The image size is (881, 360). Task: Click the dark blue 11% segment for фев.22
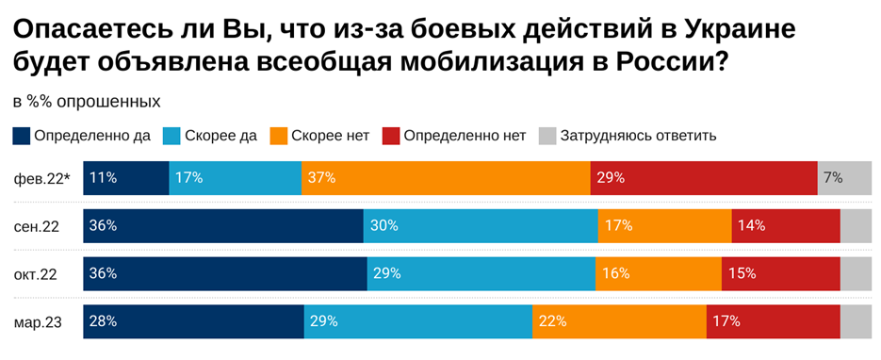[126, 177]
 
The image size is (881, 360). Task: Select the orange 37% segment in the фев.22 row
[446, 177]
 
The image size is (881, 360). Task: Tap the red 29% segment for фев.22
[703, 177]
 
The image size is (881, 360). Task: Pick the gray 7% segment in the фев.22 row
[844, 177]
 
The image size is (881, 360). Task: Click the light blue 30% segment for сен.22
[481, 225]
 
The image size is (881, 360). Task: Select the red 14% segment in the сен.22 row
[785, 225]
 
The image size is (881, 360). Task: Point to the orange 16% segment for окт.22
[658, 273]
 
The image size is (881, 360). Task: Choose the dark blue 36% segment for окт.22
[225, 273]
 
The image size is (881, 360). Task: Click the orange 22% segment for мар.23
[619, 321]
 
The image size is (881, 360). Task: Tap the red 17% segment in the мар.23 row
[773, 321]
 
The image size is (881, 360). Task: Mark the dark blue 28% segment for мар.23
[194, 321]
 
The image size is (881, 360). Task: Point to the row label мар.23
[39, 322]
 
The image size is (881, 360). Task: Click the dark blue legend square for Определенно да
[22, 135]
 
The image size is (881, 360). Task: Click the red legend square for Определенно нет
[391, 135]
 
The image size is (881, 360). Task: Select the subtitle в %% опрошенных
[87, 101]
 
